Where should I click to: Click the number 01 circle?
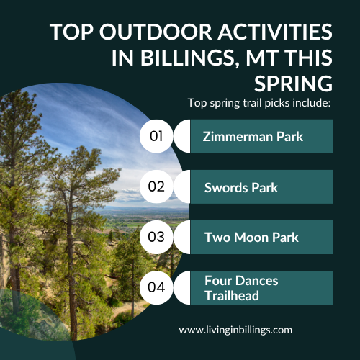coord(157,136)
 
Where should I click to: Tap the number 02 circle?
coord(157,186)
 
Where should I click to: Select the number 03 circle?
coord(157,237)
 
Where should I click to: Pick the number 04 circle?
coord(157,287)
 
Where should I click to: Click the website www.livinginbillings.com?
coord(235,330)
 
